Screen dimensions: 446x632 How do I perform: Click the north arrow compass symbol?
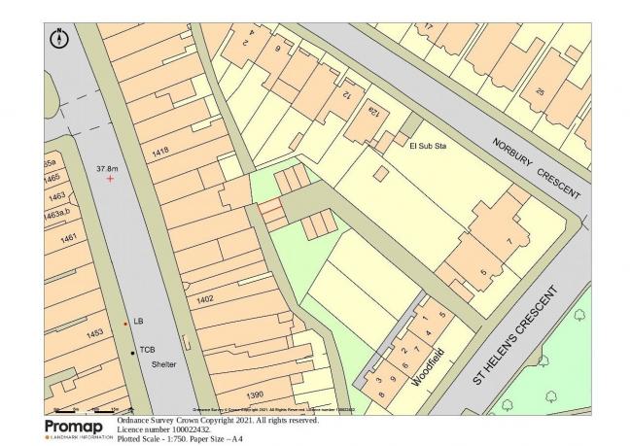coord(59,40)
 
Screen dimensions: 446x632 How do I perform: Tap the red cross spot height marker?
coord(110,179)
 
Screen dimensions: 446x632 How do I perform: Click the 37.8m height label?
coord(107,167)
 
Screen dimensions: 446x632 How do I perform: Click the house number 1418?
coord(161,150)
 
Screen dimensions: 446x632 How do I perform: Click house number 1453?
coord(94,333)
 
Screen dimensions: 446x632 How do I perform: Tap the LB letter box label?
coord(139,321)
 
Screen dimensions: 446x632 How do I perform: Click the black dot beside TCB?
coord(133,351)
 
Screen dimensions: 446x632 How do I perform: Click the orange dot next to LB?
coord(125,323)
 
